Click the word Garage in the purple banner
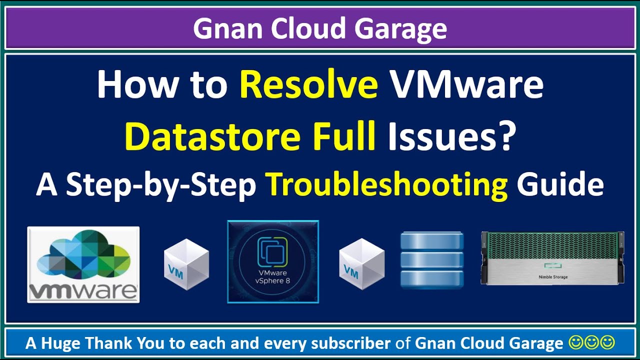pos(401,29)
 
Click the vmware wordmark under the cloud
pos(83,291)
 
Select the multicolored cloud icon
pos(83,255)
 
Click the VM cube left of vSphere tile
pos(186,264)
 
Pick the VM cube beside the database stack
pos(362,264)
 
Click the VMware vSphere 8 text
pos(272,276)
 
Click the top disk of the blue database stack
pos(431,240)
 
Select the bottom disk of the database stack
pos(431,279)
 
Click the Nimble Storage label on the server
pos(553,277)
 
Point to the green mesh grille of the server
pos(552,245)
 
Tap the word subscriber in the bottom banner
pos(351,343)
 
